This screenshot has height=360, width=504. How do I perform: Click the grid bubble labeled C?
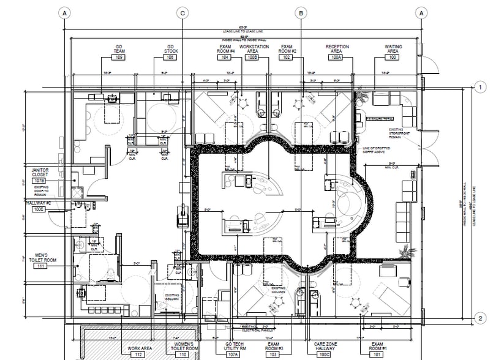click(182, 13)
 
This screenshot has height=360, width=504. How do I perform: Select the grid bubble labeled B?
click(301, 13)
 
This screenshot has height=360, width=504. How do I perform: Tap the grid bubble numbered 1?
click(481, 88)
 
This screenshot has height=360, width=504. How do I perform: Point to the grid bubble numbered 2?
click(481, 318)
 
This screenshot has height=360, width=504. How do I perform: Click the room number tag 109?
click(119, 57)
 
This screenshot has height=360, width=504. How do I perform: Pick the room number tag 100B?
click(252, 57)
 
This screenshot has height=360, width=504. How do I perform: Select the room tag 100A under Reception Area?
click(336, 57)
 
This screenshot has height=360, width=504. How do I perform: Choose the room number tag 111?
click(41, 266)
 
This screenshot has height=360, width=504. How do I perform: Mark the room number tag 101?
click(377, 354)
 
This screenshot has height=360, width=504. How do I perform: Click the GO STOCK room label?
click(171, 48)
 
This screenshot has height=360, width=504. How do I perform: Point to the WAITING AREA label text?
click(393, 48)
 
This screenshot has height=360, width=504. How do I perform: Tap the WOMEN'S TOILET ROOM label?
click(182, 347)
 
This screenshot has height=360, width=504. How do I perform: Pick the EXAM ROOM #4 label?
click(226, 48)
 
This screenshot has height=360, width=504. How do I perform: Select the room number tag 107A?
click(233, 354)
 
